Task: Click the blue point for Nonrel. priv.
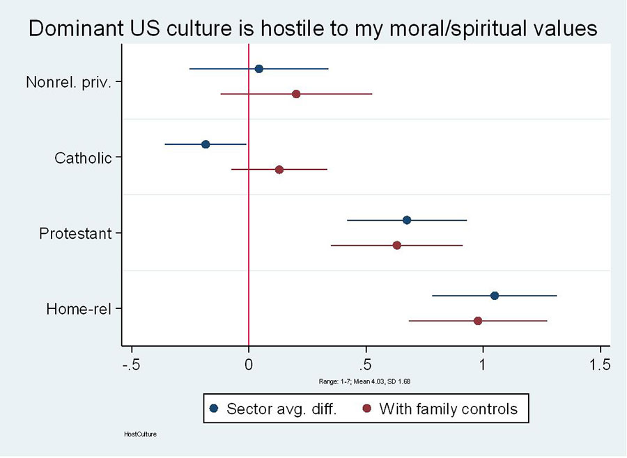(x=258, y=69)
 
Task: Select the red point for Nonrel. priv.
(x=296, y=94)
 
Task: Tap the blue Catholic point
(x=206, y=144)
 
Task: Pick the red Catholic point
(x=279, y=170)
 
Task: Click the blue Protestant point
(x=407, y=220)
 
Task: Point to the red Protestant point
(x=397, y=245)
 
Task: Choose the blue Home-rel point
(x=495, y=296)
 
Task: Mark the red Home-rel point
(x=478, y=321)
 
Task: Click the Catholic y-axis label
(x=83, y=158)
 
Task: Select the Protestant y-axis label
(x=75, y=233)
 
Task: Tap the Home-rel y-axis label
(x=79, y=309)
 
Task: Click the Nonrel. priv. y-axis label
(x=70, y=82)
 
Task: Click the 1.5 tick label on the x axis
(x=600, y=365)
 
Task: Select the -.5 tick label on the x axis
(x=131, y=365)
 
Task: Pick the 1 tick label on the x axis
(x=483, y=365)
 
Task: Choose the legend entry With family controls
(x=447, y=409)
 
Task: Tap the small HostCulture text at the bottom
(x=139, y=434)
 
